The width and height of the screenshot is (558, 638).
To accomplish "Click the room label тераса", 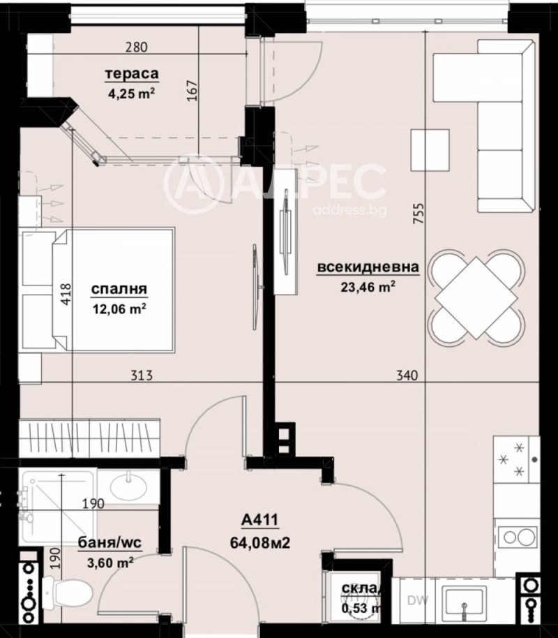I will click(132, 74).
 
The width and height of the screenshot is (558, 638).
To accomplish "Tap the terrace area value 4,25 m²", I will click(130, 93).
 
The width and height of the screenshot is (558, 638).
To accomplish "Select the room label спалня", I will click(118, 288).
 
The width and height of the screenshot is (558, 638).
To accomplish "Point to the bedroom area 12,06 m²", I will click(119, 307).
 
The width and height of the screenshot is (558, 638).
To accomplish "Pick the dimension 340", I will click(406, 376).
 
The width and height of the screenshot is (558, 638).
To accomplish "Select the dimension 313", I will click(142, 376).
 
